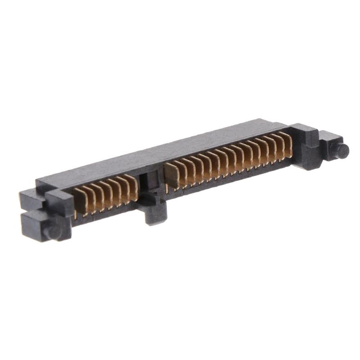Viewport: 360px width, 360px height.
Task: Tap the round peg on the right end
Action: click(342, 150)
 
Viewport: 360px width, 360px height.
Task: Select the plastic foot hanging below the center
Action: click(156, 211)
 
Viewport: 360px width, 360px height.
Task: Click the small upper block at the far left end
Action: click(30, 198)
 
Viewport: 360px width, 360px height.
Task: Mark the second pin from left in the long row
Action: click(180, 172)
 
